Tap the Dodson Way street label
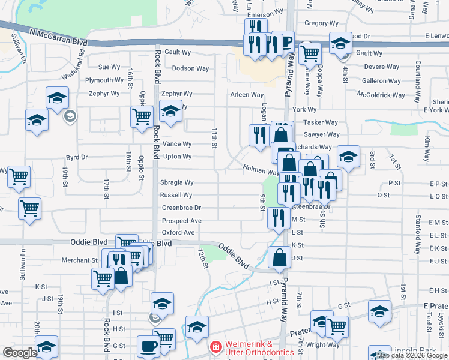point(191,68)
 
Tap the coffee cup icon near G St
point(149,346)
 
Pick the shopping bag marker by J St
point(279,259)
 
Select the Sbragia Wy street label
point(176,182)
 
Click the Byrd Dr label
point(76,157)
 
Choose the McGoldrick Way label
point(381,95)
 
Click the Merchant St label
point(80,260)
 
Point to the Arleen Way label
point(247,95)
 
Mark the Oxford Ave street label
point(178,232)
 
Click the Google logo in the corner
point(20,353)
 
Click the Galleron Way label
point(381,81)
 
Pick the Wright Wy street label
point(322,344)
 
